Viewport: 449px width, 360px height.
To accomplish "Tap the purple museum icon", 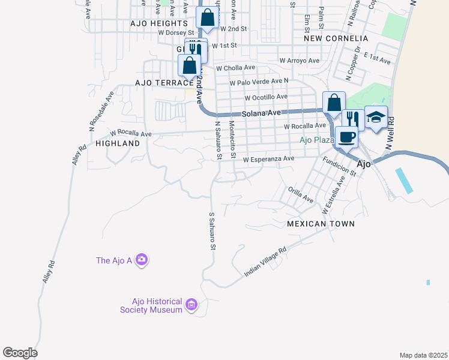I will [191, 305].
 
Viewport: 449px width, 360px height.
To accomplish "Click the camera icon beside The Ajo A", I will [142, 260].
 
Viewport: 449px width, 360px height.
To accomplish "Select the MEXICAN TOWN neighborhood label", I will [321, 224].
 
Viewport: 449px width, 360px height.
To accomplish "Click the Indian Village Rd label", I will [265, 263].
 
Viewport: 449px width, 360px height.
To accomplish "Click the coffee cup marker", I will [346, 136].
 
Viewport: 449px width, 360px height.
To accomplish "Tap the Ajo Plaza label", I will [316, 140].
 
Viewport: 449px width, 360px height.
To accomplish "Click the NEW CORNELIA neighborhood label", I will [336, 38].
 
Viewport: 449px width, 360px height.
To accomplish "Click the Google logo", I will [20, 353].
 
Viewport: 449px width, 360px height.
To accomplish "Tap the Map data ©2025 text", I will [423, 355].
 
